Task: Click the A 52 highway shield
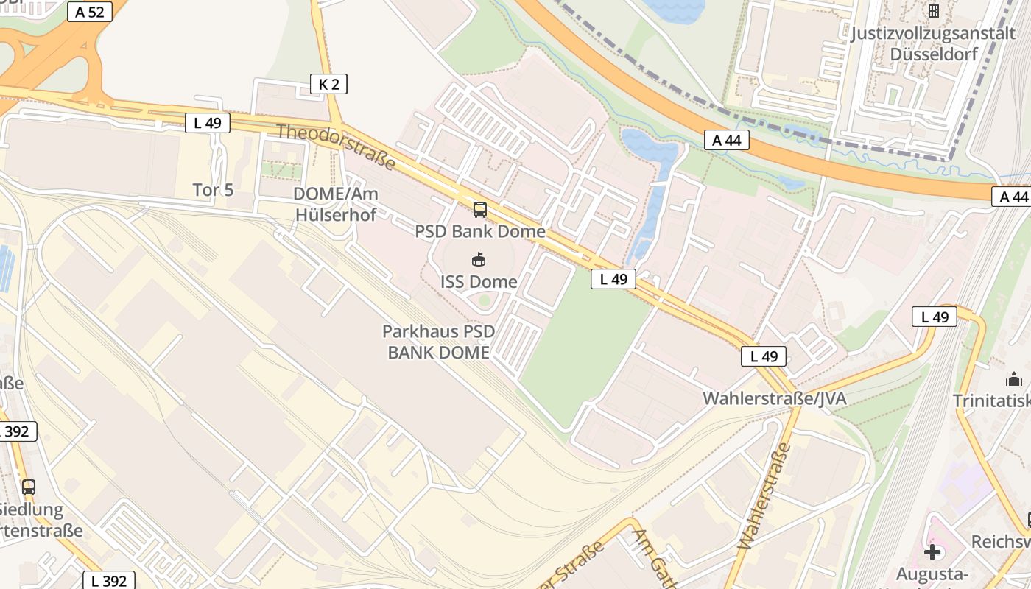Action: [89, 11]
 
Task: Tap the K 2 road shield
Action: [328, 84]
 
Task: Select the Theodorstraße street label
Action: [336, 147]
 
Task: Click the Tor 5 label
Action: [213, 190]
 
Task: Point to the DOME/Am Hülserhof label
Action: [335, 204]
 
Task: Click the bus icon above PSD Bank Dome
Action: [479, 210]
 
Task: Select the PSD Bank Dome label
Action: [480, 231]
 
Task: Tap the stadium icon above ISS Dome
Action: [479, 259]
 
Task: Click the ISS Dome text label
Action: [479, 281]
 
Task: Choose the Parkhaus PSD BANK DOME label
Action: [439, 342]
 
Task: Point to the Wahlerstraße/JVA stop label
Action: [774, 398]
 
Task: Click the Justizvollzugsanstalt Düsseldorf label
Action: [933, 43]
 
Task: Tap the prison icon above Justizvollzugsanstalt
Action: [934, 11]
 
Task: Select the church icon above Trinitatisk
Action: [1014, 380]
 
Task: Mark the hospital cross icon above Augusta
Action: [932, 551]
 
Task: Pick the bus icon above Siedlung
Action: [29, 487]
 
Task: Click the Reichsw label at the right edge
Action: [1001, 541]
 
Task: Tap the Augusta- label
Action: [932, 574]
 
